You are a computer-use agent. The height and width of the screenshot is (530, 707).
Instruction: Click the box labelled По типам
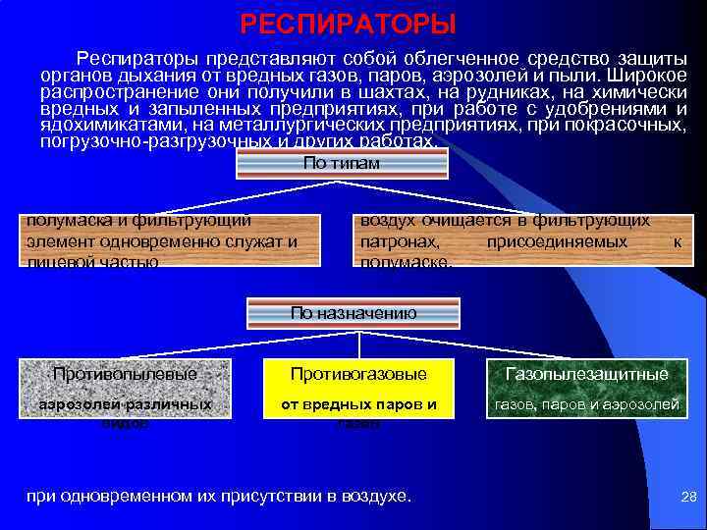coord(342,164)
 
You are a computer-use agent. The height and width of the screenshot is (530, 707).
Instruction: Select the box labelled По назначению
coord(353,314)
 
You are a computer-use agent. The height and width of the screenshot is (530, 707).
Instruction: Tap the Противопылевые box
coord(125,374)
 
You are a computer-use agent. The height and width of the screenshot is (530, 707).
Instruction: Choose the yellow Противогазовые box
coord(357,374)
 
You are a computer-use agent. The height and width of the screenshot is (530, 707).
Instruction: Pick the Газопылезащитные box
coord(586,374)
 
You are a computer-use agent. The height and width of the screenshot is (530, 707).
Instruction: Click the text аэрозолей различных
coord(125,403)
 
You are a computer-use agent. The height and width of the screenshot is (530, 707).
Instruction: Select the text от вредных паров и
coord(357,403)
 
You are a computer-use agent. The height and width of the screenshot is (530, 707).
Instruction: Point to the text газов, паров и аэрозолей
coord(586,403)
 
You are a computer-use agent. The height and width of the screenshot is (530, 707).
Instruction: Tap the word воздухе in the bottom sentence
coord(377,497)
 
